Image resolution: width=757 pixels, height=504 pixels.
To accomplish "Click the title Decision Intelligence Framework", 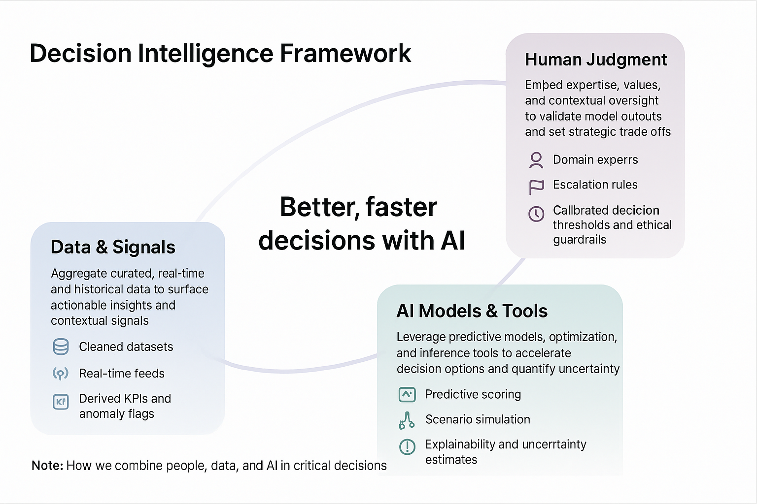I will [x=220, y=54].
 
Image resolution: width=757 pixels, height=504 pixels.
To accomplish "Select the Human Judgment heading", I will [x=596, y=60].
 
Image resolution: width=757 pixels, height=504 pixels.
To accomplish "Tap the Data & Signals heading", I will [x=113, y=247].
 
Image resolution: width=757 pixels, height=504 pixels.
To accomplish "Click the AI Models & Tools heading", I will [x=472, y=311].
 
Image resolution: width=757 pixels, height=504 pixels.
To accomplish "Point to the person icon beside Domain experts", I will [x=536, y=160].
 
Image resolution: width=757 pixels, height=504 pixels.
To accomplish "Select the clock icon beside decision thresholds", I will [x=536, y=214].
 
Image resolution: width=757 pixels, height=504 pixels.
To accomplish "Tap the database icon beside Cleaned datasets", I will [x=61, y=347].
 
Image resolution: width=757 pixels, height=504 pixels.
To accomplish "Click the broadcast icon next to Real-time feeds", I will [x=61, y=374].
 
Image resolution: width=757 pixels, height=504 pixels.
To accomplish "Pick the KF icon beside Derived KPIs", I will [x=61, y=402].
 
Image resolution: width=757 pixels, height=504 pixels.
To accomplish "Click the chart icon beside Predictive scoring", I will [x=407, y=394].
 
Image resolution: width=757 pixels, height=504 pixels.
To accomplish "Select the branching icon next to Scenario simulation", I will [x=407, y=420].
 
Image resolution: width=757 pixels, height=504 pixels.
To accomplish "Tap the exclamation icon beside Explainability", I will [x=407, y=446].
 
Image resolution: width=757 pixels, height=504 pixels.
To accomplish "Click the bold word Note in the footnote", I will [x=47, y=466].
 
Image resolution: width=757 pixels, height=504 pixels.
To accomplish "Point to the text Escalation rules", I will [x=595, y=185].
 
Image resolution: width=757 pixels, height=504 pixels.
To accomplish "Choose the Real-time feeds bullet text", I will [x=122, y=374].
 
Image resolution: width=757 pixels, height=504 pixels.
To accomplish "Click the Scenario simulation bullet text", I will [x=478, y=419].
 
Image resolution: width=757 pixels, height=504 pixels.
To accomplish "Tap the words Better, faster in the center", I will [x=358, y=207].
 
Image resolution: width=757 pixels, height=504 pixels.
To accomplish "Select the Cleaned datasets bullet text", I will [x=126, y=347].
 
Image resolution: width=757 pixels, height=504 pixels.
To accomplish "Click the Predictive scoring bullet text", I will [x=473, y=394].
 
